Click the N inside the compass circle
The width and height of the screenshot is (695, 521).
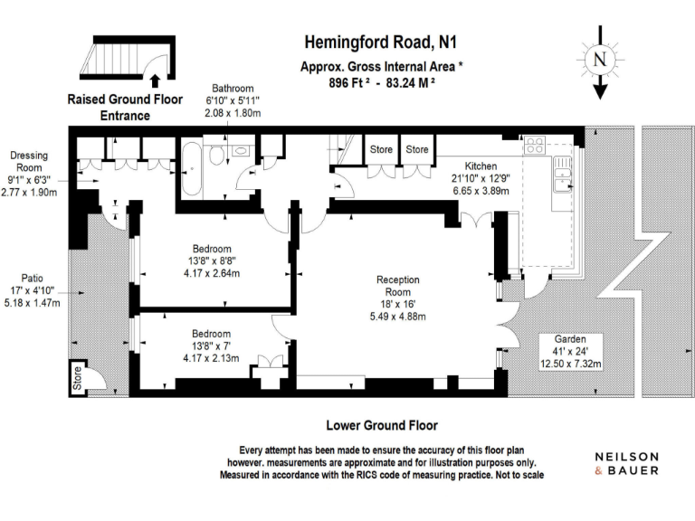click(x=599, y=59)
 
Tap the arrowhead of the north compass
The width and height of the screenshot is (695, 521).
click(x=599, y=92)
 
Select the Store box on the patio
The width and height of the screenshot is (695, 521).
click(x=77, y=378)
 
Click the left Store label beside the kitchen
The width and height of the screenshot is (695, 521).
click(x=381, y=149)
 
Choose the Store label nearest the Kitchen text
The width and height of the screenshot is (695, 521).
click(x=417, y=149)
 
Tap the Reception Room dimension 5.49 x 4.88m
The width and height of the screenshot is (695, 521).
click(x=398, y=316)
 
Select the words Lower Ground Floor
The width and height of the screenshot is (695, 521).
click(x=381, y=424)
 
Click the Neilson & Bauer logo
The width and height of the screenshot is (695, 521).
click(x=626, y=463)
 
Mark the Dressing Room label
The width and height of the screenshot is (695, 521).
click(x=29, y=162)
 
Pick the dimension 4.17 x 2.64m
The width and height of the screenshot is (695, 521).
click(x=213, y=272)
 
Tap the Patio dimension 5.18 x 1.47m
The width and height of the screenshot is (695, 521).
click(x=33, y=303)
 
